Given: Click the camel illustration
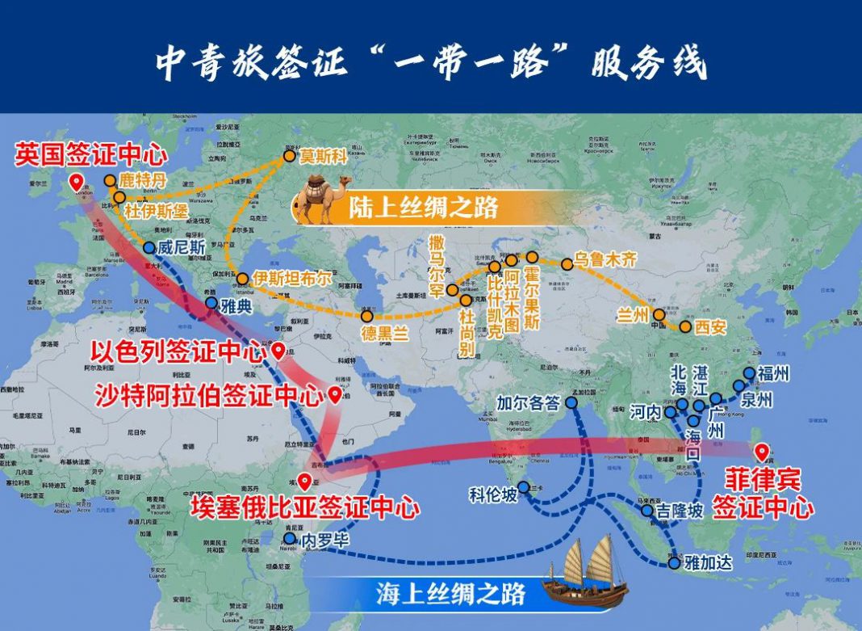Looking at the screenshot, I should pos(323,200).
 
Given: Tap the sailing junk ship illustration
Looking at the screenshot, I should pos(586,574).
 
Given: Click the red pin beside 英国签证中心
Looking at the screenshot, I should pos(76,182).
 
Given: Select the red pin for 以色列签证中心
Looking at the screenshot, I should pos(278,351).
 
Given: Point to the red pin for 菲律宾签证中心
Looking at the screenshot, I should pos(759,453).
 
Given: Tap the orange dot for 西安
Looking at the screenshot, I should pos(685,327).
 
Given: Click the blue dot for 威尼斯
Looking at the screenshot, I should pos(149,248).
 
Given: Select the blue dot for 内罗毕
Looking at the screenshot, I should pos(290,539).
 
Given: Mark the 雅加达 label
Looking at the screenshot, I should pos(708,563).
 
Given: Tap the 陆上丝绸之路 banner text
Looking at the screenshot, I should pos(424,209).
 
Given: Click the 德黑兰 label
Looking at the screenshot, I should pos(384,331).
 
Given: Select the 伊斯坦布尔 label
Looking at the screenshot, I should pos(292,278).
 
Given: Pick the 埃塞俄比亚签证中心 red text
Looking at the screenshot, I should pos(304,508).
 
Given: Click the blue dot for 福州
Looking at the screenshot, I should pos(750,373).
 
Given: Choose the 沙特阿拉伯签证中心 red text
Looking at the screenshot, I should pos(207,396).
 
